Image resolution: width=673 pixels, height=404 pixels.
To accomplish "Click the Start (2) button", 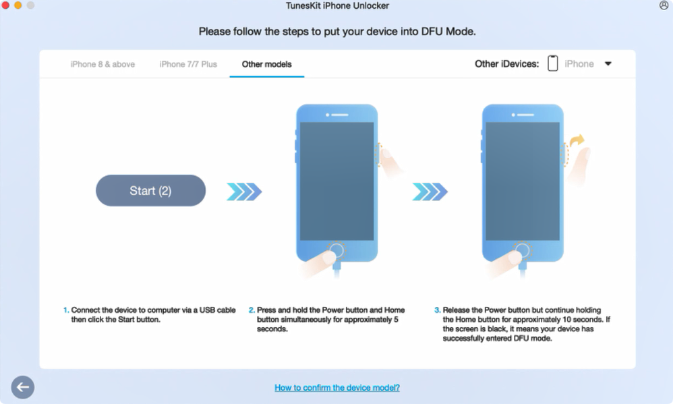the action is coord(150,191).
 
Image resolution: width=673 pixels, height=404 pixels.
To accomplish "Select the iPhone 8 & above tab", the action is coord(103,64).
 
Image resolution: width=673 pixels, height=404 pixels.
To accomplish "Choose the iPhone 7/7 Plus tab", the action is coord(188,64).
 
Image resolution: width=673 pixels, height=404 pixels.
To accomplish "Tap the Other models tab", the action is coord(266,64).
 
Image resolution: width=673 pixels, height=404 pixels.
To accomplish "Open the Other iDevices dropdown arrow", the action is coord(608,64).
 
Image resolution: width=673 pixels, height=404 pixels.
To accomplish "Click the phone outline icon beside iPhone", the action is coord(553,63).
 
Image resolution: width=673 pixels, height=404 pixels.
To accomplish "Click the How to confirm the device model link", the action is coord(337,388).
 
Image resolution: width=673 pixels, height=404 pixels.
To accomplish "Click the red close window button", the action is coord(5,5).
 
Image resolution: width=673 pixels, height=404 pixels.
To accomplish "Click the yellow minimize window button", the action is coord(18,5).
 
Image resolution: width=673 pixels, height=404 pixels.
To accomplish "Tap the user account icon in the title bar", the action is coord(664,5).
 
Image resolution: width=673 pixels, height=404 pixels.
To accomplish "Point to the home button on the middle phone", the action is coord(337,250).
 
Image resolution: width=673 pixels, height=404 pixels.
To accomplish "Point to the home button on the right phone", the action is coord(523,250).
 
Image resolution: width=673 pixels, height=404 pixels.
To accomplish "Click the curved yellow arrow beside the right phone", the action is coord(577,140).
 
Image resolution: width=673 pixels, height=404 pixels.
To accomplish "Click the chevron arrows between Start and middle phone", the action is coord(244,192).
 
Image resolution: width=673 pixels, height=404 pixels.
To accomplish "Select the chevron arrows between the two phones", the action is coord(430,192).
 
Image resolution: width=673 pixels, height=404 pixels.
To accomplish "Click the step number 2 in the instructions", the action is coord(252,310).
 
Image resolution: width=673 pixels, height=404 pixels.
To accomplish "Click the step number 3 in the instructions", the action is coord(438,310).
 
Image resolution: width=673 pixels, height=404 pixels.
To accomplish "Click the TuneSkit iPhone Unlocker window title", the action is coord(337,5).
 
